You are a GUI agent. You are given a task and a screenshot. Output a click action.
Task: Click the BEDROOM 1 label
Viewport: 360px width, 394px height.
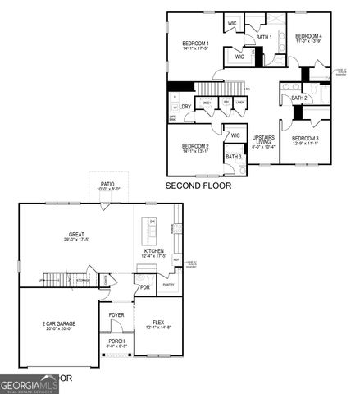[195, 44]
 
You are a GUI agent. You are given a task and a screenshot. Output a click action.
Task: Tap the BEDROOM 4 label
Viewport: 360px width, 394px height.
[308, 37]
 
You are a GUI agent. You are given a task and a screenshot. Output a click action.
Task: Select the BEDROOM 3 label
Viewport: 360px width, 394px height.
[304, 139]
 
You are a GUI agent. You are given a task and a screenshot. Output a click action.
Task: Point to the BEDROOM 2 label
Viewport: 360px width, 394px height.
[195, 146]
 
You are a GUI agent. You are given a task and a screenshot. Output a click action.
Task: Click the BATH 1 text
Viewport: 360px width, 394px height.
[263, 38]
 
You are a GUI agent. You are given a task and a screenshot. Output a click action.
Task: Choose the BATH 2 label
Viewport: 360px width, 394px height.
[299, 98]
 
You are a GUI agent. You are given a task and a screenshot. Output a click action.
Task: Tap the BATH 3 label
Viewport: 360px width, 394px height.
[233, 156]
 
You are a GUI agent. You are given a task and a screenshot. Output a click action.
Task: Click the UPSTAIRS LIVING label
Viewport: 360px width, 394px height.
[263, 140]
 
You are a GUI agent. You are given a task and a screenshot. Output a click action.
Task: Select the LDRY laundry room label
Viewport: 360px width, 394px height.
[185, 107]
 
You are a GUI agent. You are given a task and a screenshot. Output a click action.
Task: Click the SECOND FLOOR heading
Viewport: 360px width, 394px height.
[198, 186]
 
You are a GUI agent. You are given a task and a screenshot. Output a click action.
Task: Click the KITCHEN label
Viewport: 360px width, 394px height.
[154, 251]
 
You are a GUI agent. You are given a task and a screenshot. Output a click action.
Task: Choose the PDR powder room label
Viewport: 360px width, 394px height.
[144, 288]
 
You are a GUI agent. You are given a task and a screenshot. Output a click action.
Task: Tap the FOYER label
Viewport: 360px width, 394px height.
[116, 314]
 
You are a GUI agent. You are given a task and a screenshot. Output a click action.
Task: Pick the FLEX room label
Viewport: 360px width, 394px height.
[159, 324]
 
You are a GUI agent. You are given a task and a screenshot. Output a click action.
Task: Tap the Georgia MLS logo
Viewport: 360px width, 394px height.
[30, 384]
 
